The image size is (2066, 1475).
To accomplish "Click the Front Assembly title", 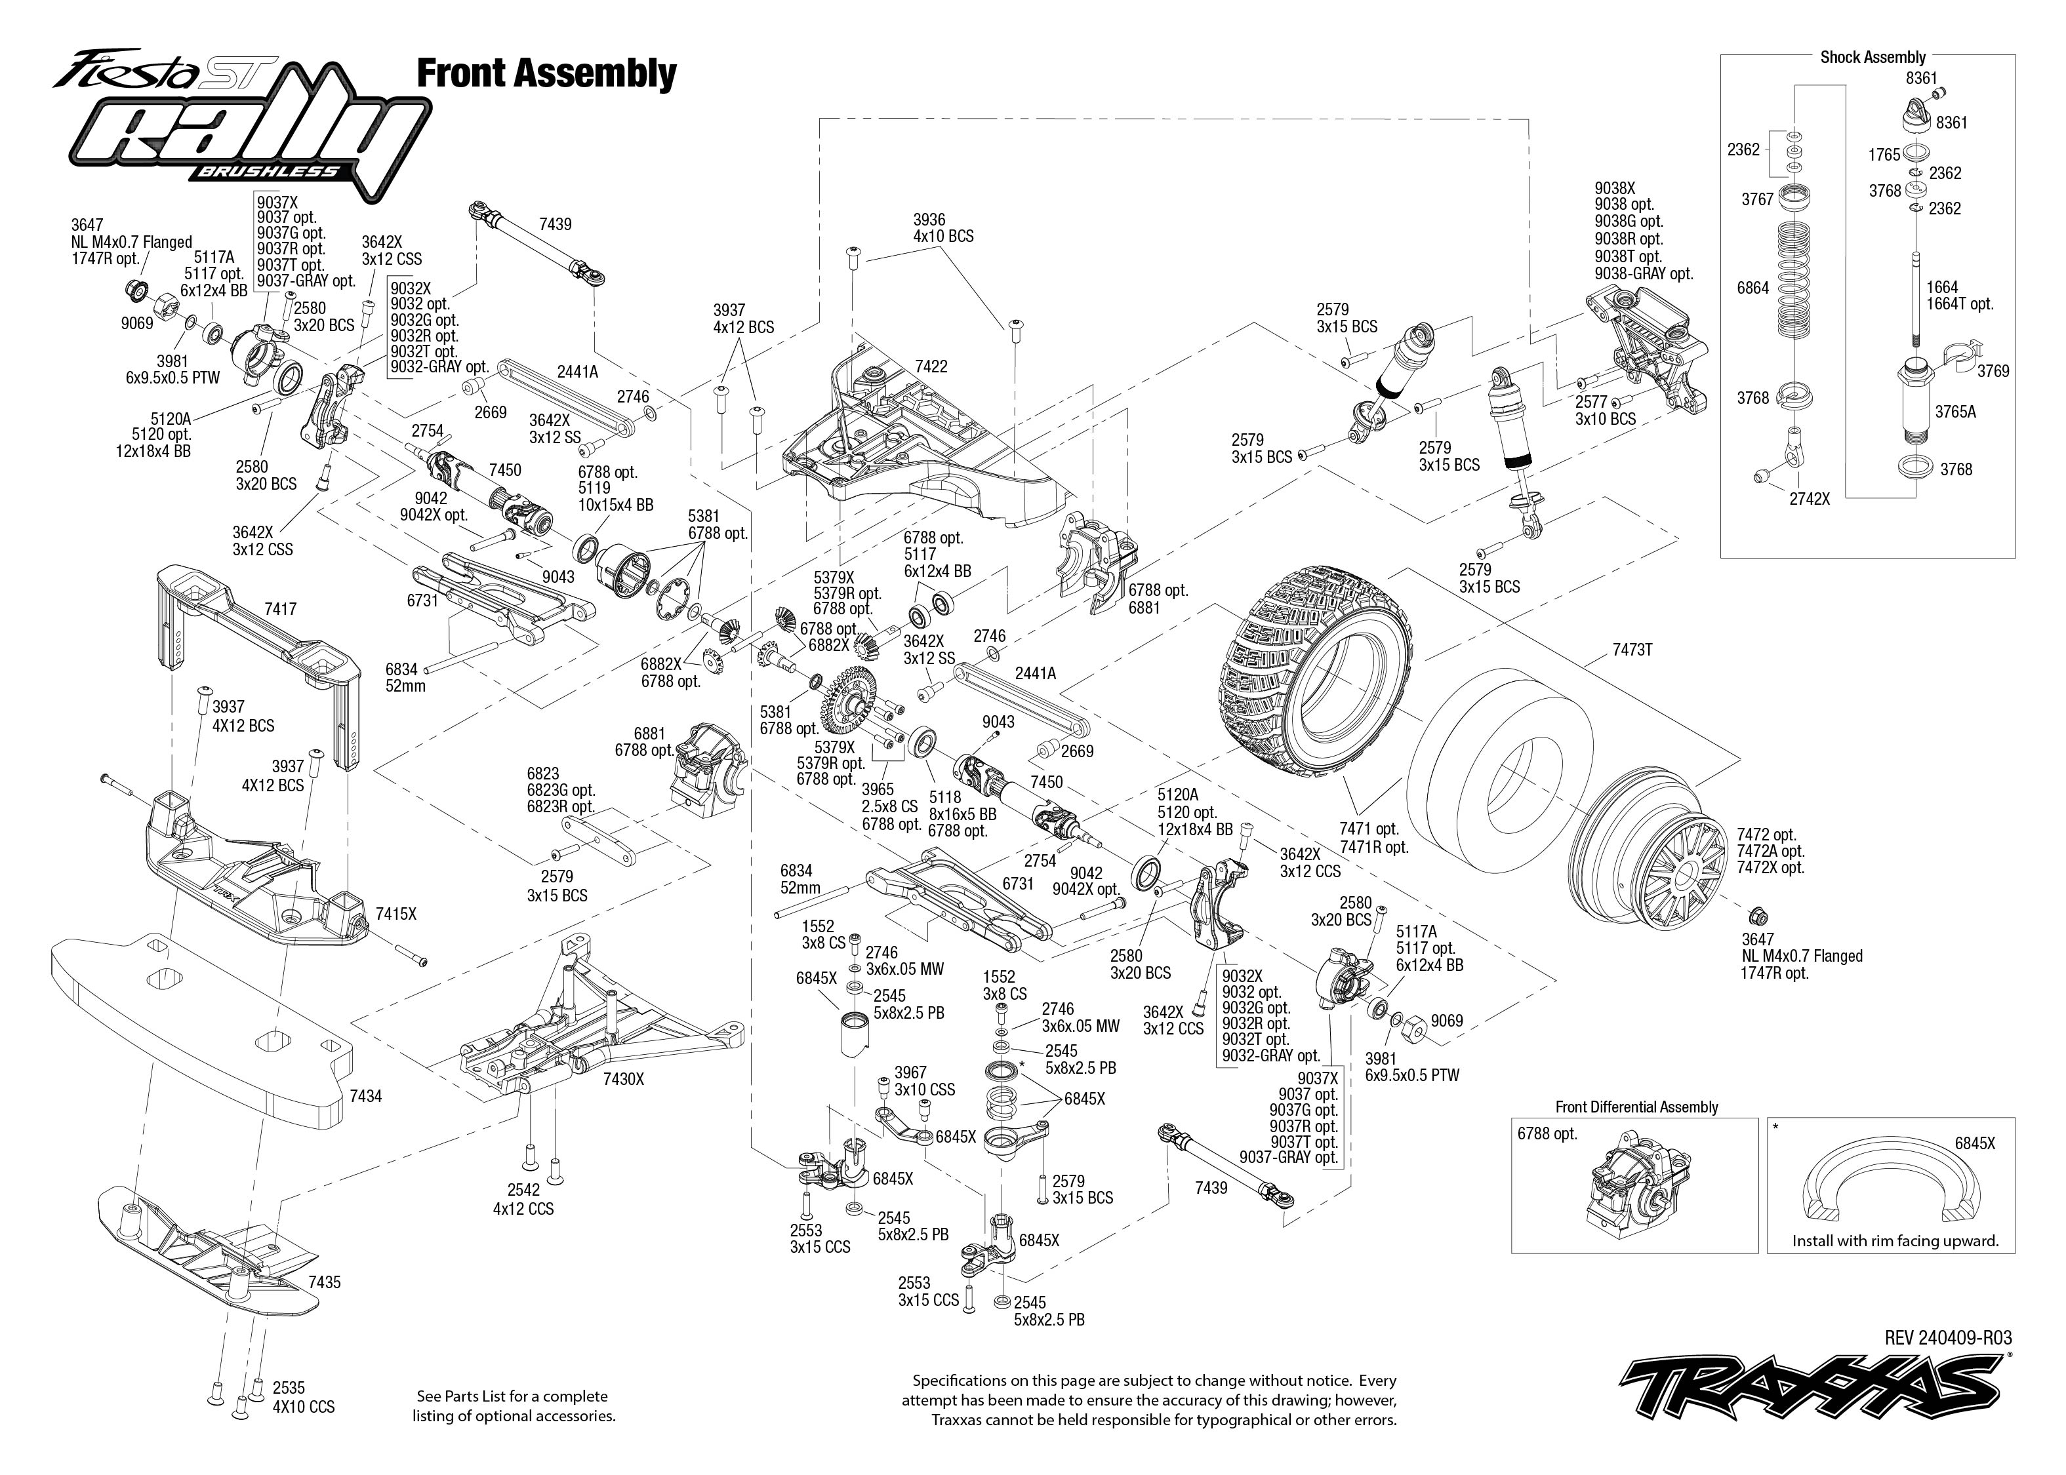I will click(x=546, y=73).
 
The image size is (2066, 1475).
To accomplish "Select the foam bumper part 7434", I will click(x=200, y=1027).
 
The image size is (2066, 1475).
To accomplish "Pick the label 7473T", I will click(x=1632, y=650).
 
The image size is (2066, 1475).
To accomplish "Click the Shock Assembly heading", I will click(x=1873, y=57).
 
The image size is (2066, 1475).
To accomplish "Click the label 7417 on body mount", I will click(x=280, y=610).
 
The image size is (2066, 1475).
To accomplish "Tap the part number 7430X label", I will click(x=623, y=1079).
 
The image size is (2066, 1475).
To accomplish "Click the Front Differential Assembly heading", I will click(x=1636, y=1107).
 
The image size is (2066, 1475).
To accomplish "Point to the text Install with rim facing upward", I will click(x=1895, y=1241).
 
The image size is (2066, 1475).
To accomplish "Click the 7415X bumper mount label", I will click(x=396, y=914).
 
